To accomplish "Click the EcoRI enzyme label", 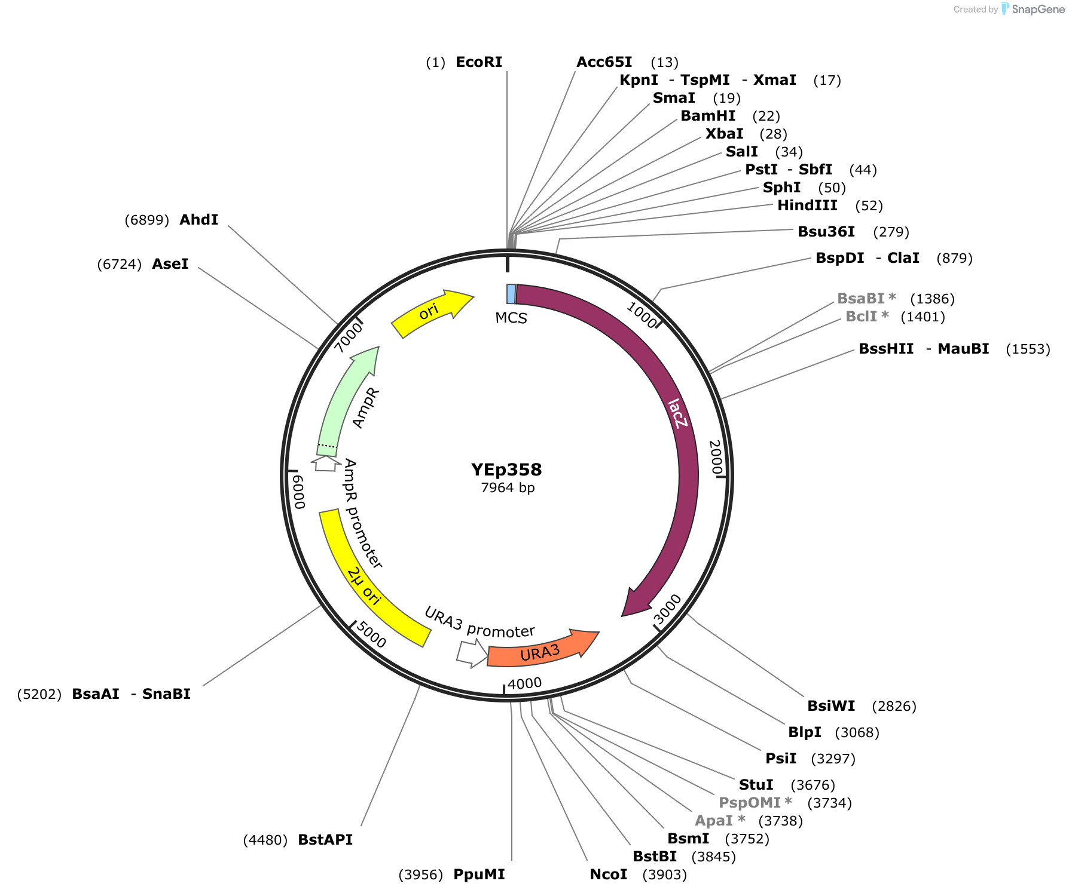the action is [x=479, y=62].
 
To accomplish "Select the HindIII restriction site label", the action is [x=807, y=205].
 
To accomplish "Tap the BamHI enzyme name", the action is [x=708, y=116].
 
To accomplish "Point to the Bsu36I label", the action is [x=826, y=232].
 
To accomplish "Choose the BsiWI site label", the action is [x=831, y=706].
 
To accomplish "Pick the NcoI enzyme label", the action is [x=609, y=874].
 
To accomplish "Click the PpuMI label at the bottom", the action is [x=479, y=874].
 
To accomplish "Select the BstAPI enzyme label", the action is [x=325, y=840].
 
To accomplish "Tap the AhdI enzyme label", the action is [x=199, y=220].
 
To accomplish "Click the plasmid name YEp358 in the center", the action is [x=506, y=470].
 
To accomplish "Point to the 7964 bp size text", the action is [x=508, y=488].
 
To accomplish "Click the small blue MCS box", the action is [x=511, y=294].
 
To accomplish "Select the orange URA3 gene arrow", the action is [x=541, y=650].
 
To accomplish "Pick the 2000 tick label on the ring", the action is [x=716, y=457].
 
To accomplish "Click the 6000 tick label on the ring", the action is [x=298, y=492].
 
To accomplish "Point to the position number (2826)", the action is [x=894, y=706].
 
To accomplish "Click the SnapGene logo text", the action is [x=1038, y=9].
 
